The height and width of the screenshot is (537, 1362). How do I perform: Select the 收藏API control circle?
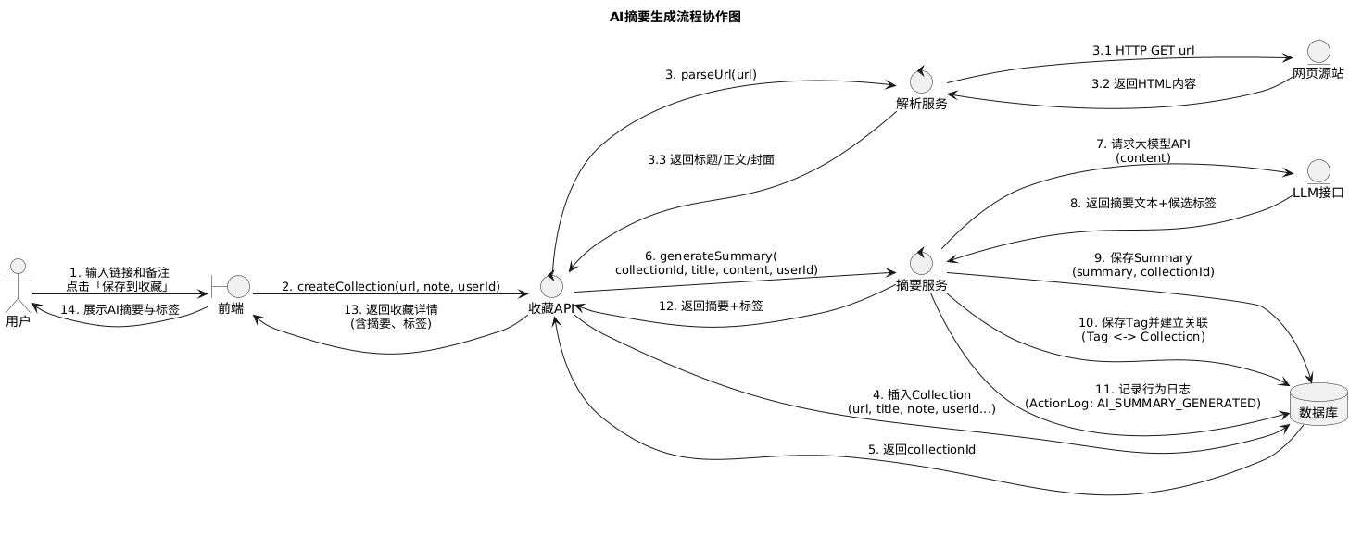click(556, 285)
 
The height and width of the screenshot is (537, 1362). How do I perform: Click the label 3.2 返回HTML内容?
click(1142, 83)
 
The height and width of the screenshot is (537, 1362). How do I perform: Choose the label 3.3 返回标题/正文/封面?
click(711, 159)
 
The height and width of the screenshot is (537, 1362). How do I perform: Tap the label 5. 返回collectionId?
click(921, 449)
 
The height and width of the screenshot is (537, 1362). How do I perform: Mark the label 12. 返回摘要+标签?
click(711, 306)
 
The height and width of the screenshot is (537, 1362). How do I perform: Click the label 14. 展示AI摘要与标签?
click(119, 309)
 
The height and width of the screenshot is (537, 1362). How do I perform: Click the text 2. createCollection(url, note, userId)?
click(391, 286)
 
